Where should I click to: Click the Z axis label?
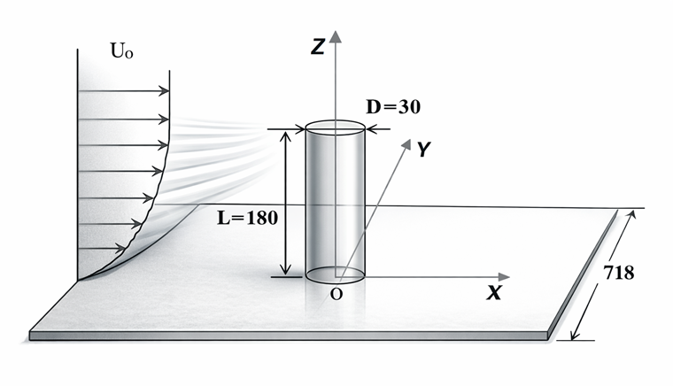pos(317,50)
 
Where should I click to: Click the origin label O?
pos(336,294)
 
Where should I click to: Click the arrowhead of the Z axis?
pos(335,36)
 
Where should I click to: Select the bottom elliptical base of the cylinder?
pos(335,274)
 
